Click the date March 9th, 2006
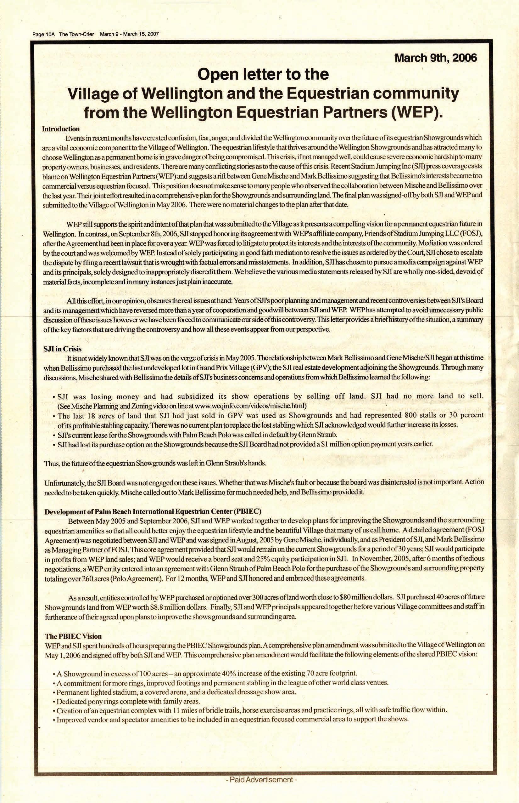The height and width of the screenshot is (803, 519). point(435,58)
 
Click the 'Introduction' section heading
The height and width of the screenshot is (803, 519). point(61,129)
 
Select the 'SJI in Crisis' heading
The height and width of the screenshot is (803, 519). point(62,349)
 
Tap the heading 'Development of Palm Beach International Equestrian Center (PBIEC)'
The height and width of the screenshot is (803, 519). point(153,511)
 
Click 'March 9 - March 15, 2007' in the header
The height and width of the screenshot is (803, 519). point(129,34)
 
